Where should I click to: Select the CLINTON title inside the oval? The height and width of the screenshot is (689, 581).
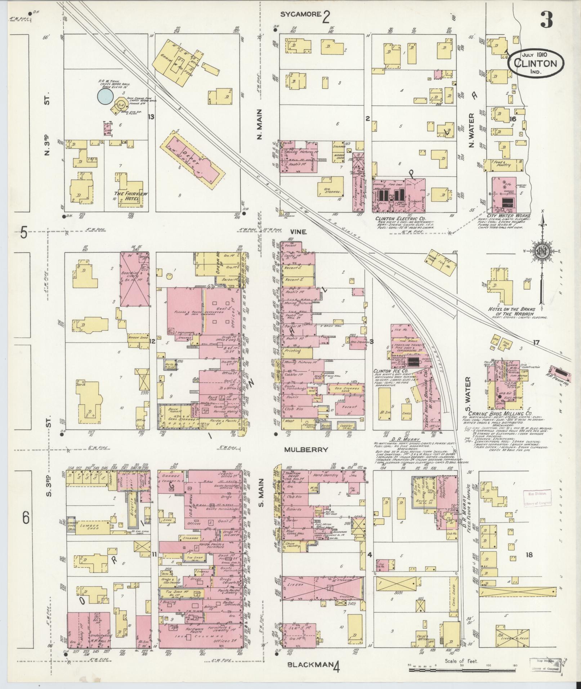click(536, 63)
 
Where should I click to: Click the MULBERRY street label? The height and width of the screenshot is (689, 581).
click(306, 449)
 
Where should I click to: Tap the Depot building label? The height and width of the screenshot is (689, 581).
click(193, 163)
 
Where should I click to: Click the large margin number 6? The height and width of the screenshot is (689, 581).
click(25, 518)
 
